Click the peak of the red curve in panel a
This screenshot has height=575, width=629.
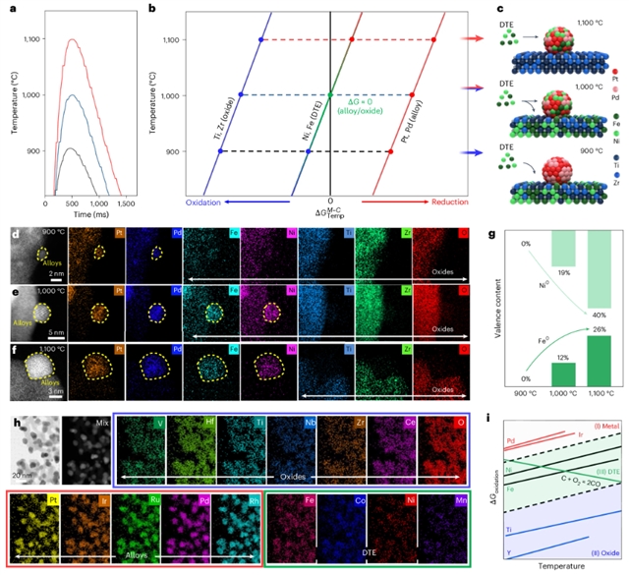click(72, 40)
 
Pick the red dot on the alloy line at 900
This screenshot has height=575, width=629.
click(389, 150)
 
